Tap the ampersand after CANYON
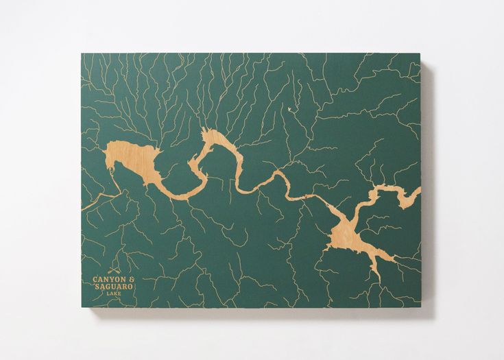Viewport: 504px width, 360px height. tap(130, 279)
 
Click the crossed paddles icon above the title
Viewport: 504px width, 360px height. tap(113, 269)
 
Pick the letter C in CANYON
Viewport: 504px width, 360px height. tap(95, 279)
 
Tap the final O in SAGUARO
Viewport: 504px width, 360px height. tap(130, 287)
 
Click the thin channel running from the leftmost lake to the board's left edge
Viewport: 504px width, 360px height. tap(96, 200)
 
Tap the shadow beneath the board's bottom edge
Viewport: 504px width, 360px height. tap(254, 312)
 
